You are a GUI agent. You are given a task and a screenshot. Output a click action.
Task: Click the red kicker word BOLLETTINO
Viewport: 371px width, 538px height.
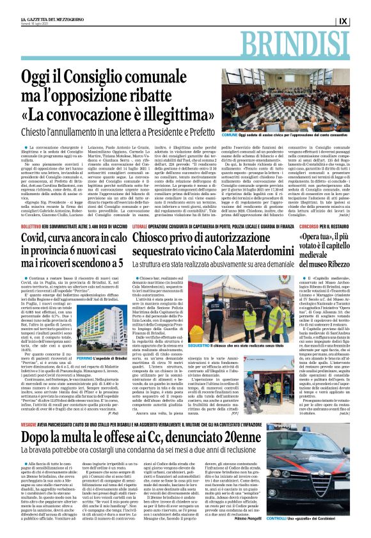[32, 209]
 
